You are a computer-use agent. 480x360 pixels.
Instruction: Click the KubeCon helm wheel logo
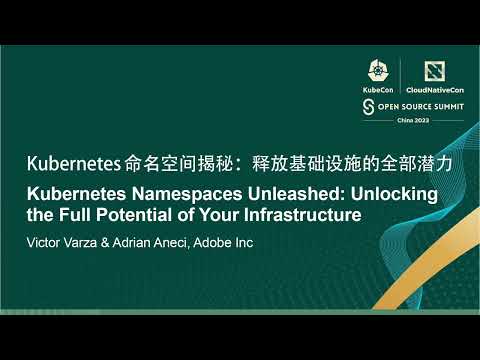point(379,71)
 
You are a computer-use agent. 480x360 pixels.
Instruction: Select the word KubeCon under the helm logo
point(379,89)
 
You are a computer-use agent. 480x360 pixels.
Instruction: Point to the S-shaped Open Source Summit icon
point(368,105)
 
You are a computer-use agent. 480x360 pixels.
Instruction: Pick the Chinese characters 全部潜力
point(374,163)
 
